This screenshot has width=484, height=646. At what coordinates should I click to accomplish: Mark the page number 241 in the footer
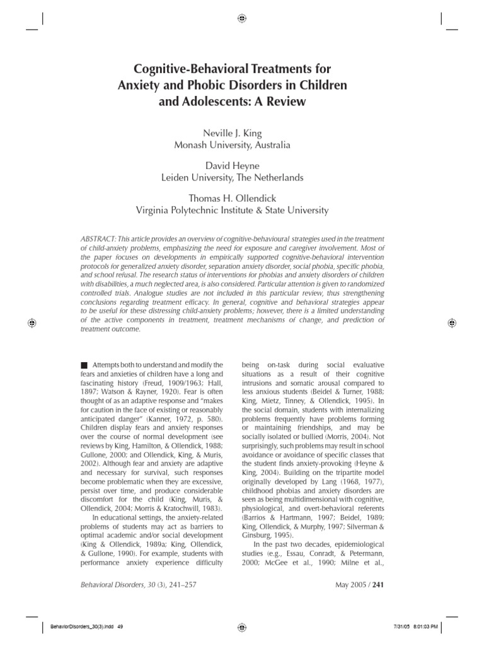(x=378, y=584)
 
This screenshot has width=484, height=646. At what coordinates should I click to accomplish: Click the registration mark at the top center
(x=242, y=18)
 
